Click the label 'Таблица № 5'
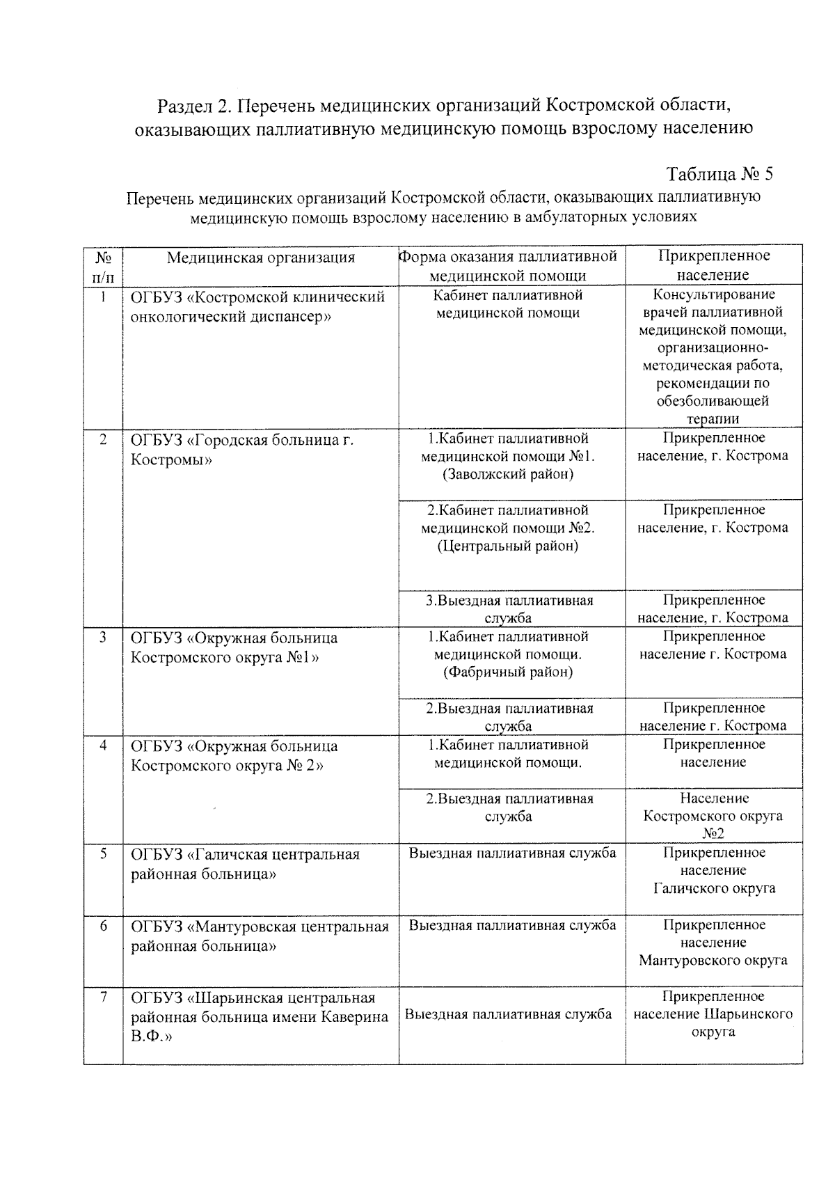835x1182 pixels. [x=719, y=173]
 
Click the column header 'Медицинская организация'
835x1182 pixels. [x=261, y=258]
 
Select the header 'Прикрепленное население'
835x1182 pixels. [x=713, y=265]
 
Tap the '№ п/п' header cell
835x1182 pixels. [x=103, y=266]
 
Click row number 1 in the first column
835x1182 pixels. [x=103, y=297]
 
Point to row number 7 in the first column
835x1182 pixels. [x=103, y=997]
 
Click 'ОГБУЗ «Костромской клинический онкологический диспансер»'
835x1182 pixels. [x=257, y=307]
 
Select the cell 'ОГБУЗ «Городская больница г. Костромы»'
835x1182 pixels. [x=242, y=450]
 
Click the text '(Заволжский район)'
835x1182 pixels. [x=508, y=475]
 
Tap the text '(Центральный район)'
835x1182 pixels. [x=508, y=546]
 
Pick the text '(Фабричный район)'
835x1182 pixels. [x=508, y=672]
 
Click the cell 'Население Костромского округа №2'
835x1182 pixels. [x=713, y=815]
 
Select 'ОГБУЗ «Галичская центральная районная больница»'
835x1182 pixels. [x=245, y=863]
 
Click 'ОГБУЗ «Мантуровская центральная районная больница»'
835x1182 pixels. [x=260, y=936]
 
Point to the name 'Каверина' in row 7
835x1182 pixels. [x=354, y=1016]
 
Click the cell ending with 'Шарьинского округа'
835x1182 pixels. [x=713, y=1014]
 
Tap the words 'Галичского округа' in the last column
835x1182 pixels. [x=713, y=888]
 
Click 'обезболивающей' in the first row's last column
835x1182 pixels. [x=713, y=401]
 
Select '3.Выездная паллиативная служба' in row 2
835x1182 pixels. [x=509, y=608]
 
